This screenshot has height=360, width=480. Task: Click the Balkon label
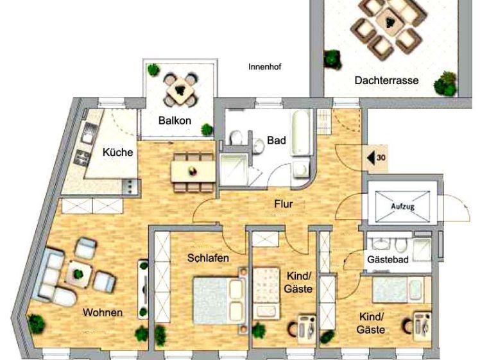175,121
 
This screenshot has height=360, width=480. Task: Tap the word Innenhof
265,67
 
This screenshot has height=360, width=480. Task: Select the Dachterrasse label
386,80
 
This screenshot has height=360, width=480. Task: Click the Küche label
118,152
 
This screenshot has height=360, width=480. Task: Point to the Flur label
284,204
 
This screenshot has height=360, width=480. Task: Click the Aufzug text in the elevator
402,207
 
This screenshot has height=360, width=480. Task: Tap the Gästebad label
388,260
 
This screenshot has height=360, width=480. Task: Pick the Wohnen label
103,313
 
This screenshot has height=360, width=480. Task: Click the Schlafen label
208,258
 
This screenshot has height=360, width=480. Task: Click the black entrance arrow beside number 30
371,158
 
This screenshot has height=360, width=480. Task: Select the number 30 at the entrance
381,158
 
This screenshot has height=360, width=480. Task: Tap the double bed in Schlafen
219,300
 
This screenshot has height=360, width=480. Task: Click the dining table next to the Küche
193,171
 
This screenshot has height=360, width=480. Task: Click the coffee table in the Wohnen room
79,273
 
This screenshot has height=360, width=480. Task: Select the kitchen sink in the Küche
89,133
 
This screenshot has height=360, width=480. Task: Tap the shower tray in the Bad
234,169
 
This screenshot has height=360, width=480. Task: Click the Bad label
277,140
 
